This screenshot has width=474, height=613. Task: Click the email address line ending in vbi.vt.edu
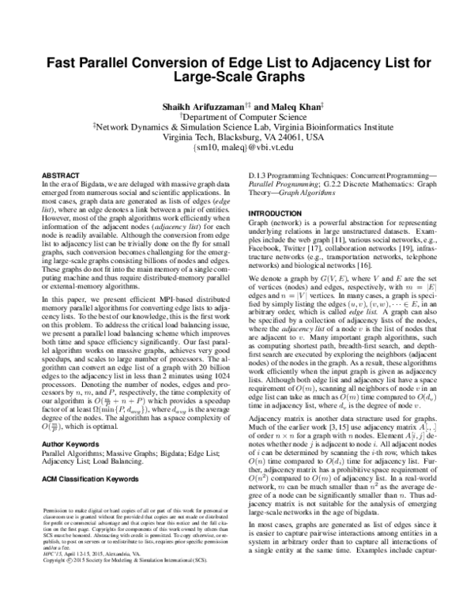(x=238, y=147)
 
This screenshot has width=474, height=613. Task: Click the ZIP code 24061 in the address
(x=267, y=136)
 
